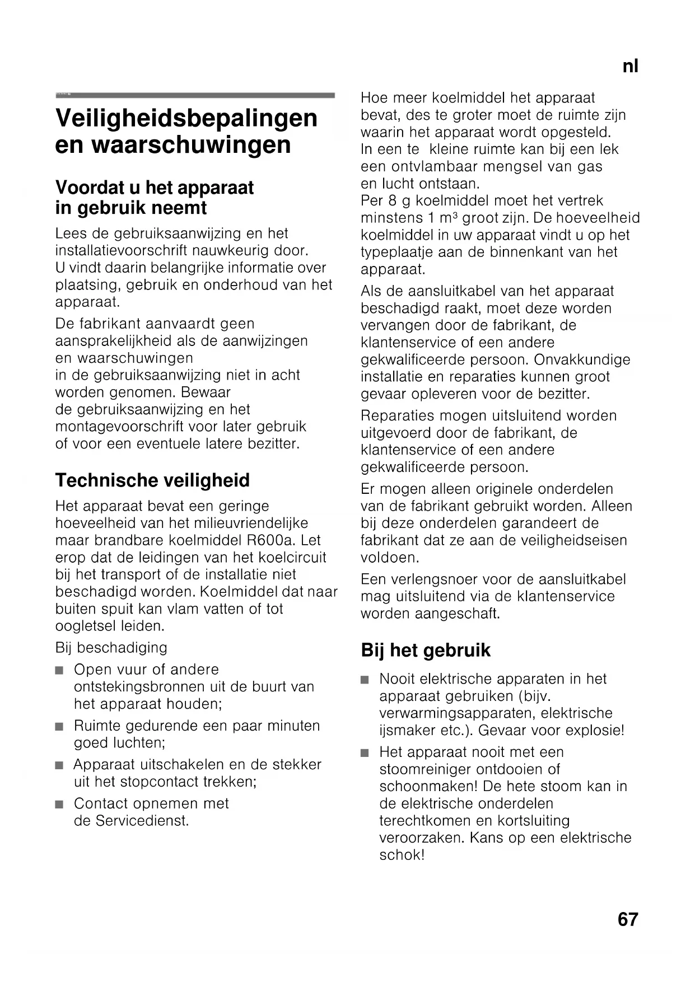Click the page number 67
pos(628,919)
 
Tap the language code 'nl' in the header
pos(630,67)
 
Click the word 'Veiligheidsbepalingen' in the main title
pos(186,118)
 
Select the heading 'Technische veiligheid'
pos(152,480)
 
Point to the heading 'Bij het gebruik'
pos(426,650)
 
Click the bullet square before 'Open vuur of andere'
pos(60,670)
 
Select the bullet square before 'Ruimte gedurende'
pos(60,727)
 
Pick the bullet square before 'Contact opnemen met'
pos(60,805)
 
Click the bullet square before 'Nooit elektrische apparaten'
pos(365,680)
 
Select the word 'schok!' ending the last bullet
pos(402,855)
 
